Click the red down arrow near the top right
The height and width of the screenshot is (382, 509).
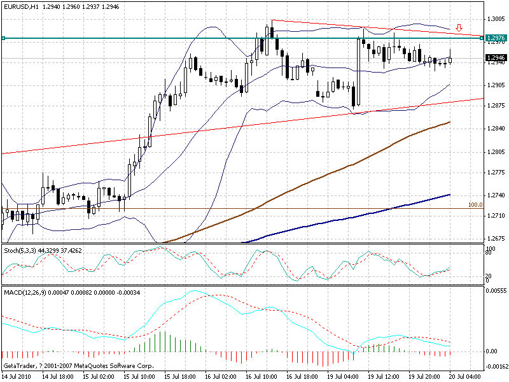458,28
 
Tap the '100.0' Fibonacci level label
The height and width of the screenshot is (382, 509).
475,205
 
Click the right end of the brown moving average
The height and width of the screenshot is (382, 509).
450,122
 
